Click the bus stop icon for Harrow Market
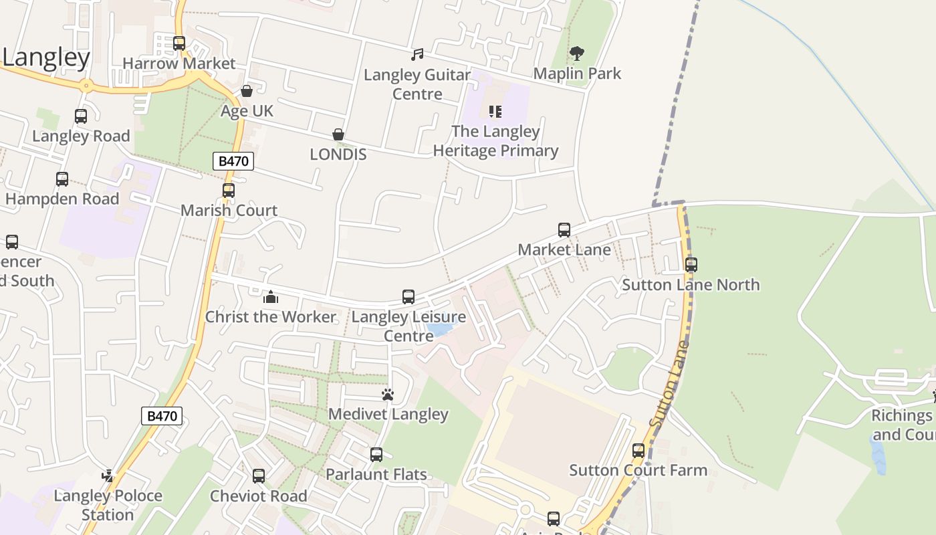pyautogui.click(x=179, y=43)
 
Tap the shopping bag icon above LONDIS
pyautogui.click(x=338, y=135)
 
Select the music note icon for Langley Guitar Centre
pyautogui.click(x=417, y=55)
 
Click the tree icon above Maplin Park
pyautogui.click(x=576, y=53)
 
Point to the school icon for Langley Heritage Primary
pyautogui.click(x=495, y=112)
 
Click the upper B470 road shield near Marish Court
pyautogui.click(x=233, y=160)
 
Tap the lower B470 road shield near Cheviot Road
pyautogui.click(x=162, y=416)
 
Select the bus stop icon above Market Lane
pyautogui.click(x=564, y=230)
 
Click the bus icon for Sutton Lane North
pyautogui.click(x=691, y=265)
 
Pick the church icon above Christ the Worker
pyautogui.click(x=270, y=297)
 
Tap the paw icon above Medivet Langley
pyautogui.click(x=388, y=395)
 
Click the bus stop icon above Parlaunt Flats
pyautogui.click(x=376, y=455)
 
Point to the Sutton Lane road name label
pyautogui.click(x=669, y=385)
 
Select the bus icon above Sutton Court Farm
pyautogui.click(x=638, y=451)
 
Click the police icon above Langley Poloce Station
pyautogui.click(x=108, y=476)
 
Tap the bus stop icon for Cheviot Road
pyautogui.click(x=259, y=476)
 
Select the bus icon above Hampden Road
pyautogui.click(x=62, y=179)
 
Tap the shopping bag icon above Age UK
pyautogui.click(x=247, y=91)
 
